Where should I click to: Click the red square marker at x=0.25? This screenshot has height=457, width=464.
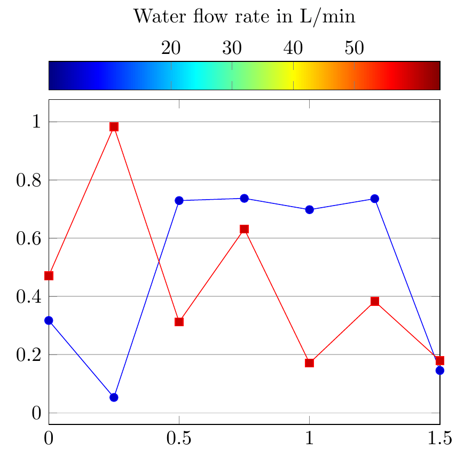click(114, 127)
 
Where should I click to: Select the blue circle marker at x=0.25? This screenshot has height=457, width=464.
click(114, 397)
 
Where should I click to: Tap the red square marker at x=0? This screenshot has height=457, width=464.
click(49, 275)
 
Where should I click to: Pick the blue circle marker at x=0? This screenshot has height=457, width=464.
click(49, 320)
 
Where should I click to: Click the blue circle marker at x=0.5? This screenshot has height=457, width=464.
click(179, 200)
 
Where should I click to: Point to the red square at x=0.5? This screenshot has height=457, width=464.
click(179, 322)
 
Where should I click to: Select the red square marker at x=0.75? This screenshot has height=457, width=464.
click(244, 229)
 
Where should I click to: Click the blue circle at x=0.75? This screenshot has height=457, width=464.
click(244, 198)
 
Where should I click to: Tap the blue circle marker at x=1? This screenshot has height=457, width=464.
click(309, 210)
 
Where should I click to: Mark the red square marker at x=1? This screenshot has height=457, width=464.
click(309, 363)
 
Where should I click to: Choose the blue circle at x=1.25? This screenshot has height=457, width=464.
click(374, 199)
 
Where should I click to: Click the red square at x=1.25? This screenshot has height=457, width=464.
click(374, 302)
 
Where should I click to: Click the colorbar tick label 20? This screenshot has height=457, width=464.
click(171, 48)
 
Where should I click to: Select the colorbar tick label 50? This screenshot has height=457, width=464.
click(354, 48)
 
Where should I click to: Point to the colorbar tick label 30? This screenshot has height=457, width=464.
click(232, 48)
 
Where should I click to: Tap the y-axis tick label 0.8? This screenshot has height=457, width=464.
click(29, 180)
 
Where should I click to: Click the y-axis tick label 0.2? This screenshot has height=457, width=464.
click(29, 354)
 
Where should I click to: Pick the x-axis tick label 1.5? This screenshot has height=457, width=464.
click(439, 439)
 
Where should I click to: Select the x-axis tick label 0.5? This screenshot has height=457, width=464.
click(179, 439)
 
